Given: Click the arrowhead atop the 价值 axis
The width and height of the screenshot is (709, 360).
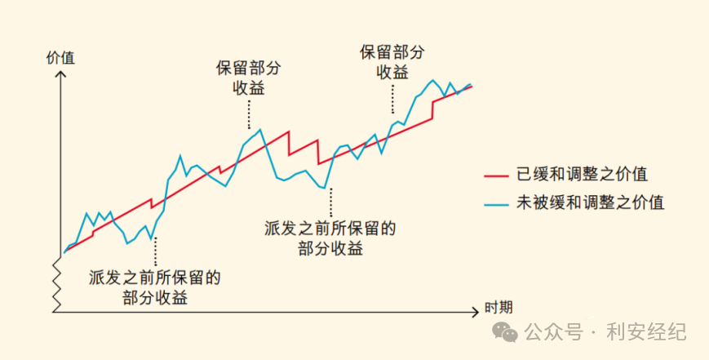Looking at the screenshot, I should (x=60, y=74).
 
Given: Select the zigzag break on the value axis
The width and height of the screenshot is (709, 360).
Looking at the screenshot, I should (x=56, y=282).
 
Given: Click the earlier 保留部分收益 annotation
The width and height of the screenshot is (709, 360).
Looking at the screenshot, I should (x=248, y=78).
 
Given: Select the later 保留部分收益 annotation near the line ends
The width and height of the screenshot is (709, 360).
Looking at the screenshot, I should (x=392, y=61).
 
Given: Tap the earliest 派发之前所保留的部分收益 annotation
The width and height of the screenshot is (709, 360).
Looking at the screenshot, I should (x=155, y=287).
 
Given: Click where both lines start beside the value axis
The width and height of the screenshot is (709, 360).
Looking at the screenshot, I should (x=64, y=251).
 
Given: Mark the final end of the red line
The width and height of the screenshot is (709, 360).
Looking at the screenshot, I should (x=472, y=86).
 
